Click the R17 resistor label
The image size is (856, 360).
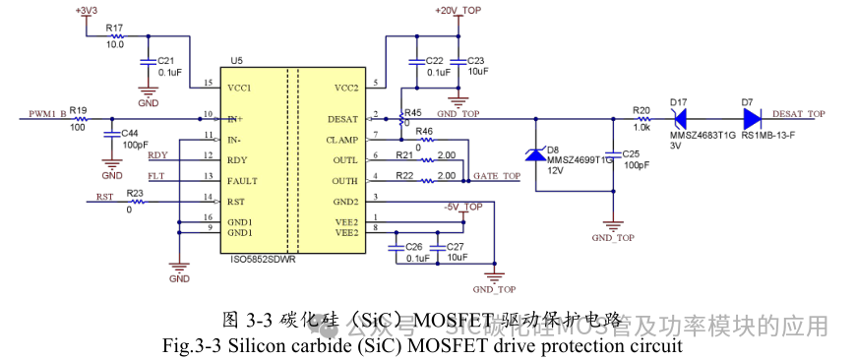coord(113,29)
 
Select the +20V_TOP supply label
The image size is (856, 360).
coord(455,10)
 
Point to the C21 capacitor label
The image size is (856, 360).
coord(165,60)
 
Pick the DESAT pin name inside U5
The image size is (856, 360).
coord(343,118)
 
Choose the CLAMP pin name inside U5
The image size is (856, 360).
coord(342,140)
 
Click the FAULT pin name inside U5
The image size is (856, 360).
coord(242,180)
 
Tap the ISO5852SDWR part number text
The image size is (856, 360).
coord(263,261)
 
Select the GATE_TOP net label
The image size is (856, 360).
coord(497,176)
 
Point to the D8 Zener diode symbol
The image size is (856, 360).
coord(536,154)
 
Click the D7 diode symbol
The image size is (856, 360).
coord(751,118)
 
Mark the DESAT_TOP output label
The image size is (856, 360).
coord(798,114)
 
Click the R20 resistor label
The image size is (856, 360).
coord(642,109)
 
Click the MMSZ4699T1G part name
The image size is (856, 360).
coord(579,158)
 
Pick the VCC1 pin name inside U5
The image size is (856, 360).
coord(239,88)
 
